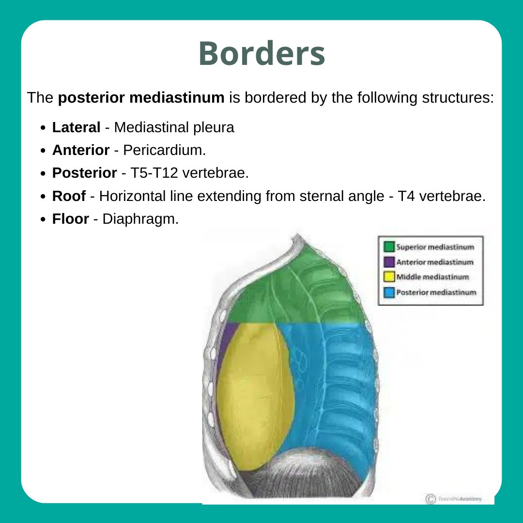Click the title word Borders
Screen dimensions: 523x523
[x=261, y=54]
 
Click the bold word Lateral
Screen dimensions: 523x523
[x=77, y=128]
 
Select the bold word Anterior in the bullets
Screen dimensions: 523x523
[x=81, y=150]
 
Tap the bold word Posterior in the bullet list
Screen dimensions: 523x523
[x=85, y=173]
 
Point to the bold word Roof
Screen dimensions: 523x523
[x=69, y=196]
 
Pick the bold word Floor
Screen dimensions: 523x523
[x=71, y=219]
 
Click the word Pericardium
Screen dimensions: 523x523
[x=164, y=150]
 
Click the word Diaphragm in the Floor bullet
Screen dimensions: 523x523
[x=140, y=219]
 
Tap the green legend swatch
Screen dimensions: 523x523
[x=389, y=246]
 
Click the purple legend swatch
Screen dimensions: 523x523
[x=389, y=262]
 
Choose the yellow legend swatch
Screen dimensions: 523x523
[x=389, y=277]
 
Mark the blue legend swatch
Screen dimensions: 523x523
[x=389, y=292]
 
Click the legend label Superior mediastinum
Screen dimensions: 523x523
[x=435, y=246]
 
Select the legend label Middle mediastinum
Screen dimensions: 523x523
[x=432, y=277]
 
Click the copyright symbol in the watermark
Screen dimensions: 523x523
[x=429, y=499]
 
